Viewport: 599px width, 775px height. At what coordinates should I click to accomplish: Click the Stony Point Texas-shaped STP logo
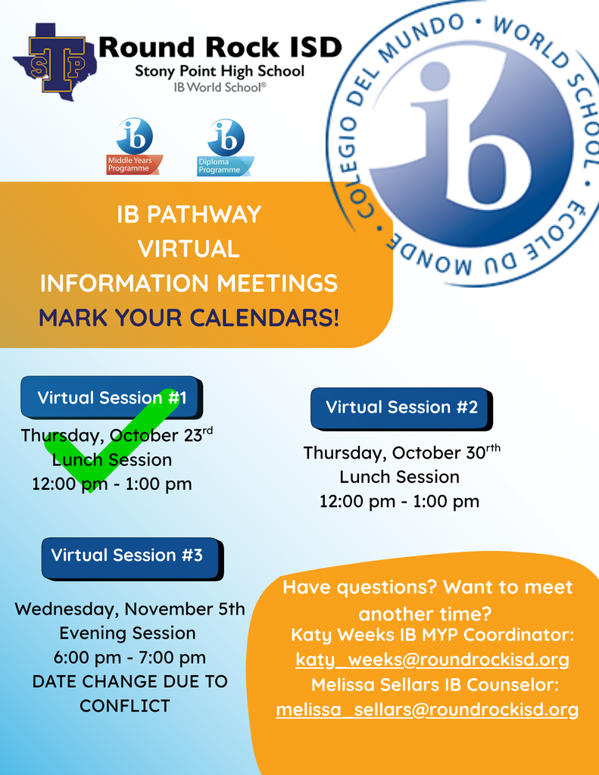pos(55,61)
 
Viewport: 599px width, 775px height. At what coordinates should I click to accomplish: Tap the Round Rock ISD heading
pos(220,47)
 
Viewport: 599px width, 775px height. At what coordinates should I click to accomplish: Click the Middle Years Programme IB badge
pos(134,147)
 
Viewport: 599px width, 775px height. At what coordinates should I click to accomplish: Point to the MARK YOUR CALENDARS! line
pos(189,317)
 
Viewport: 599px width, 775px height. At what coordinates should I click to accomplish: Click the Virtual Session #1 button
pos(111,398)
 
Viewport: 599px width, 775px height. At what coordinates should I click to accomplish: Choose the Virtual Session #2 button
pos(401,408)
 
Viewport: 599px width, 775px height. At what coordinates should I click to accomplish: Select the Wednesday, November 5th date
pos(129,609)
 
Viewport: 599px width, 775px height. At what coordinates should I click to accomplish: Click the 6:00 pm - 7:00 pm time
pos(129,658)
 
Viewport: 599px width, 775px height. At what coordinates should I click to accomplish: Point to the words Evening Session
pos(127,633)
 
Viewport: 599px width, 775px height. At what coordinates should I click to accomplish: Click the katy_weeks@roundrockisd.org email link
pos(432,660)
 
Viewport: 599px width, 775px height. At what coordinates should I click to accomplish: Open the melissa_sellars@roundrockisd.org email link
pos(427,710)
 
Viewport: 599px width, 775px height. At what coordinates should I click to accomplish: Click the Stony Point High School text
pos(220,72)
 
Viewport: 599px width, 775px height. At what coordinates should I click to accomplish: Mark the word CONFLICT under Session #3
pos(125,706)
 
